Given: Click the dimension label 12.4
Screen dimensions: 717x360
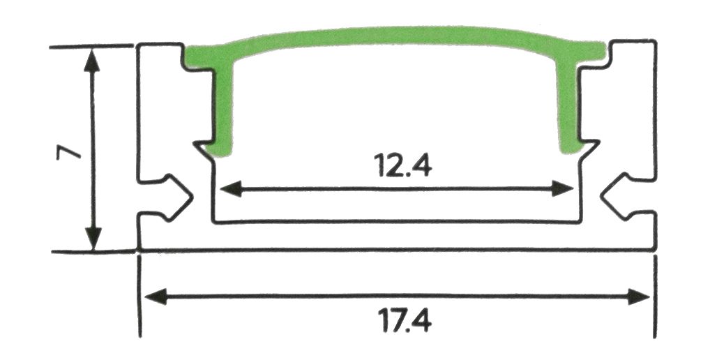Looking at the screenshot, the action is tap(402, 165).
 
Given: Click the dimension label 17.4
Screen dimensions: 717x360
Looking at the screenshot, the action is tap(405, 320).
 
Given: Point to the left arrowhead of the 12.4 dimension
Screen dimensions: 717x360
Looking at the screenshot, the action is tap(231, 188).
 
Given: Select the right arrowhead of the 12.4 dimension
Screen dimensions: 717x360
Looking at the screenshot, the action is tap(562, 188).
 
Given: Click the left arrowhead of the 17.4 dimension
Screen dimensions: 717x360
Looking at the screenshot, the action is tap(156, 297).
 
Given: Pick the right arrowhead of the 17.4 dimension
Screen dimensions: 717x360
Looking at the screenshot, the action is tap(639, 297).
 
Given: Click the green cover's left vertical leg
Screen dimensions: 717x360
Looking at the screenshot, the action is tap(222, 110).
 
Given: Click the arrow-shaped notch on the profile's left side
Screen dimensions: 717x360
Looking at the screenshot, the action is tap(176, 197).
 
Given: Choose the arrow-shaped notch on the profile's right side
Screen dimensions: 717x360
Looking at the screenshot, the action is tap(618, 197).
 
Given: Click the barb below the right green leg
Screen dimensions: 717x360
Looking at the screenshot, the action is tap(588, 150).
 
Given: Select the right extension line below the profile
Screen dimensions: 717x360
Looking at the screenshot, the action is tap(655, 297).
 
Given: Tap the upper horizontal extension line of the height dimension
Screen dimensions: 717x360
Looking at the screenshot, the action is tap(91, 46).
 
